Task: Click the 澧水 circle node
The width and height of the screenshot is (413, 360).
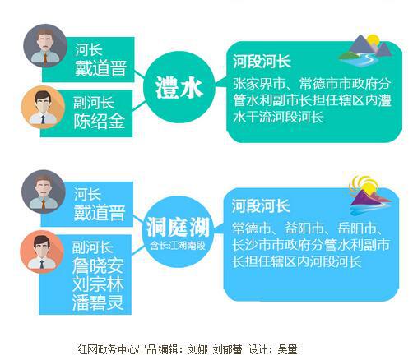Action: (x=179, y=87)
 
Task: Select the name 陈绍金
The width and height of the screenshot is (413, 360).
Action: (x=100, y=121)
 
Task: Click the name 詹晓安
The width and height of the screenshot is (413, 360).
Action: (x=98, y=265)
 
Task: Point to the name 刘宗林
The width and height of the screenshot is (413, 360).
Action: (x=98, y=284)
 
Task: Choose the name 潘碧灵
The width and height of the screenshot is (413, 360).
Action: (x=98, y=302)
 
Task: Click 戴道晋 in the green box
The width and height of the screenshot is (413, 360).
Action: (x=100, y=68)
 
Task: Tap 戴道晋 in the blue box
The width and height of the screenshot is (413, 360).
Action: (x=100, y=213)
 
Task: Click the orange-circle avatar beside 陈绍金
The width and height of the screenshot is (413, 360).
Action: (x=43, y=108)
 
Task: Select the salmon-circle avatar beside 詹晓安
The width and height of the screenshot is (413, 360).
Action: (x=42, y=252)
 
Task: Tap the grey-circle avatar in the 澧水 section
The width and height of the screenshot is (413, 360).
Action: (x=45, y=46)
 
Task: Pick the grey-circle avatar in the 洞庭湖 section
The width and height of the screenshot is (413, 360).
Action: (x=44, y=192)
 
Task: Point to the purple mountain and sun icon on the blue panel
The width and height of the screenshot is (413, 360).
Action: (x=370, y=196)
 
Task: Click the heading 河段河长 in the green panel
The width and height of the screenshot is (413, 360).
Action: (x=262, y=61)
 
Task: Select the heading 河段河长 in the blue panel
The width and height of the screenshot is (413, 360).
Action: (x=261, y=205)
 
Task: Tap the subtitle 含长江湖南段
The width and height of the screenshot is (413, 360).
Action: (x=178, y=246)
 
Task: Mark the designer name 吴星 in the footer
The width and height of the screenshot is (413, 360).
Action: (x=287, y=349)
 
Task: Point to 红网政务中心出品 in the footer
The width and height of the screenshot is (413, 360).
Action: (x=118, y=349)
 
